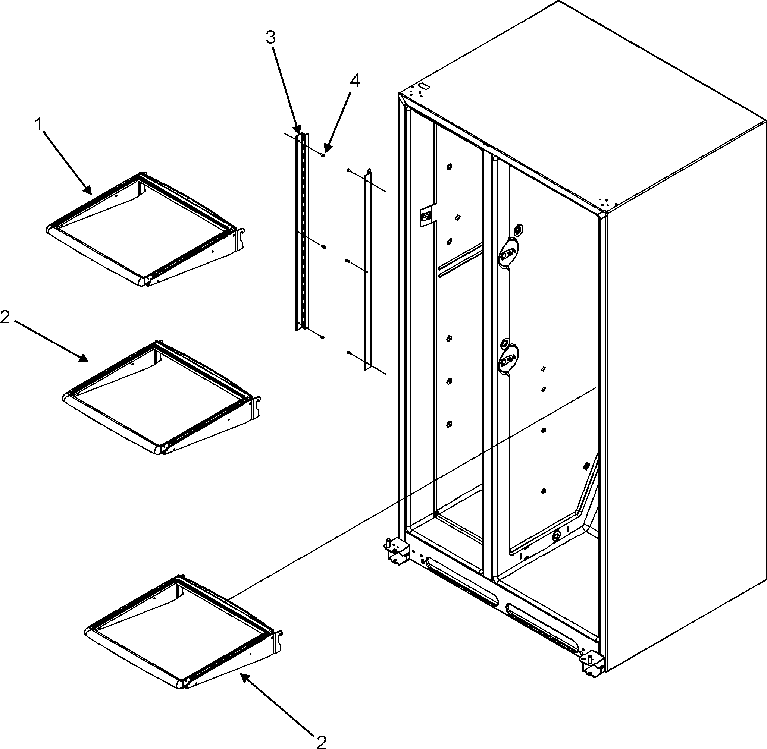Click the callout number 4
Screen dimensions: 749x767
354,81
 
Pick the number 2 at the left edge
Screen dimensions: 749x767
5,317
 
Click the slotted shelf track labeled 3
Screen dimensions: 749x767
302,232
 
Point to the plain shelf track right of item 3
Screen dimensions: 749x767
367,271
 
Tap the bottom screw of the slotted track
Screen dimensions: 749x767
323,337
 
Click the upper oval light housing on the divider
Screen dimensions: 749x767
509,252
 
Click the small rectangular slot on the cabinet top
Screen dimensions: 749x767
424,85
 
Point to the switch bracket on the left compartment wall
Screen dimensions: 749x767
426,215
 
